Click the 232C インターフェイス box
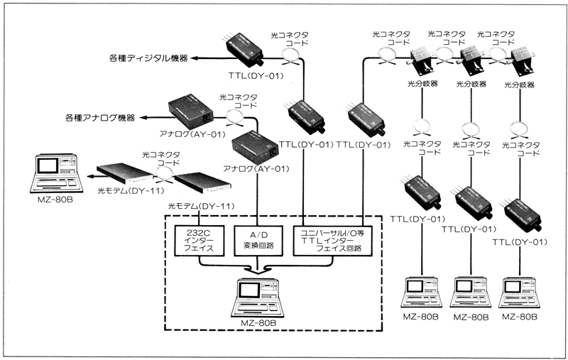coord(199,241)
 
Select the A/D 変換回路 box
coord(258,241)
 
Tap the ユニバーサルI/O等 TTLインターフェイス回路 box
coord(332,241)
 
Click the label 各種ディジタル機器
coord(148,58)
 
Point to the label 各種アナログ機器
coord(100,118)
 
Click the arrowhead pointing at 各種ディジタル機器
coord(195,58)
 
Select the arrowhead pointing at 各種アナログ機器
coord(144,117)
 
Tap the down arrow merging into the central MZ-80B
coord(258,269)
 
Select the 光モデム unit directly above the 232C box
coord(202,183)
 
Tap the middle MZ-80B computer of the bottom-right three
coord(471,292)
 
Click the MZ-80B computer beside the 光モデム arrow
coord(56,174)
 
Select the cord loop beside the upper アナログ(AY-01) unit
coord(236,116)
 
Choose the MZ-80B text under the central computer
coord(258,323)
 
